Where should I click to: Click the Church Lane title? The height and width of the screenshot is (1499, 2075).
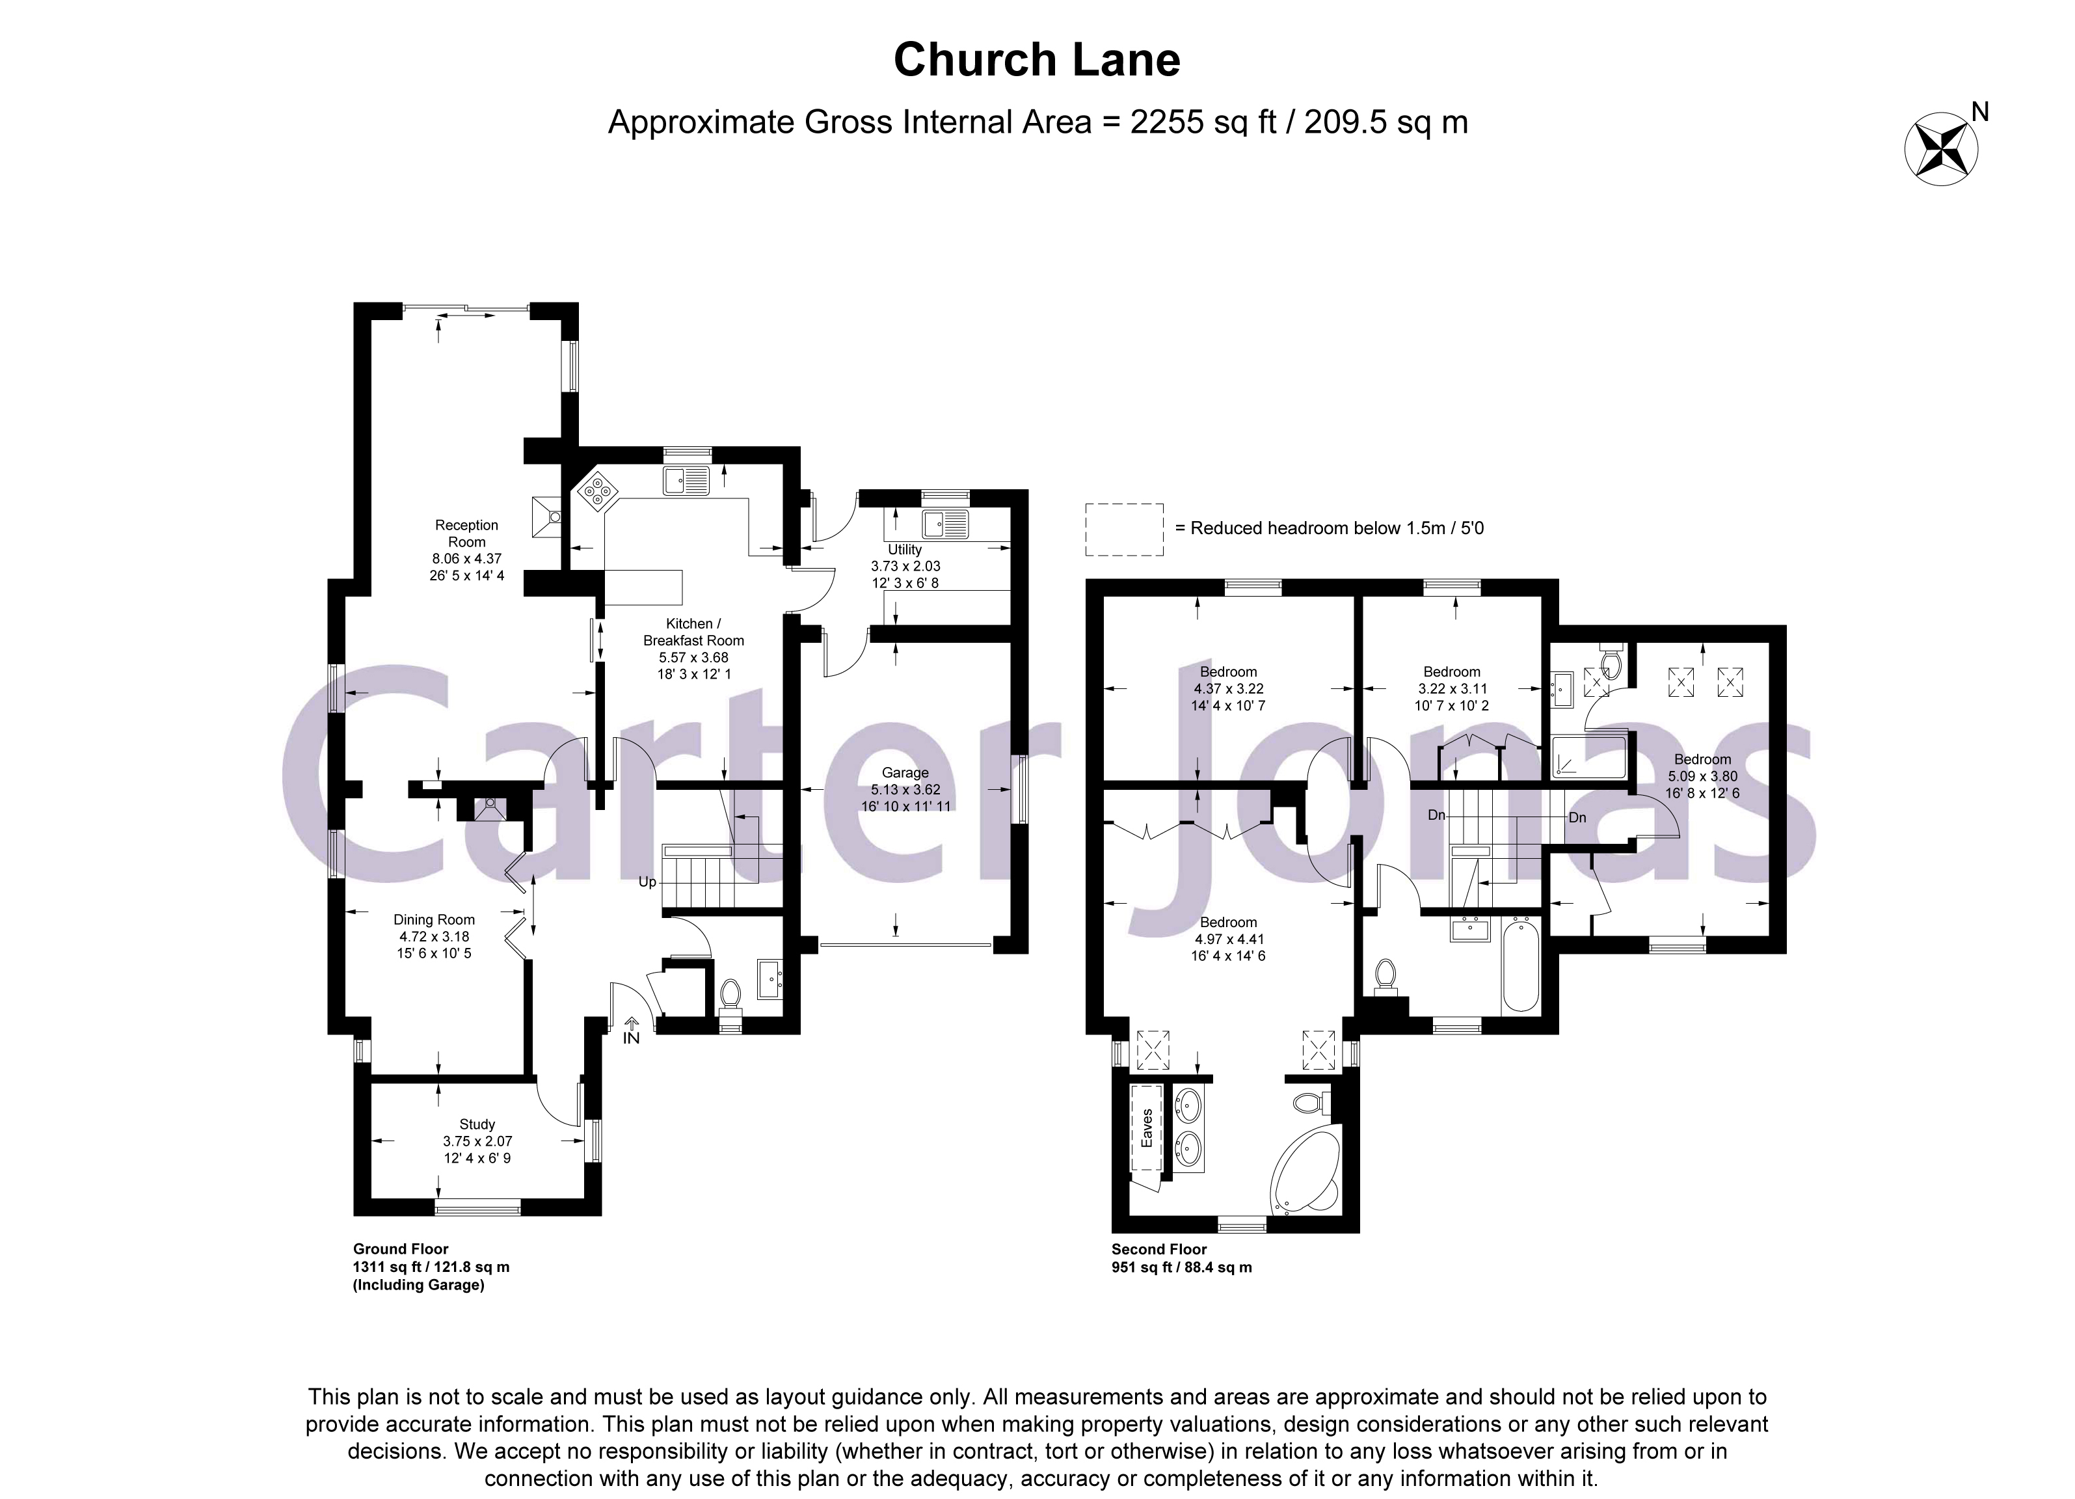tap(1037, 61)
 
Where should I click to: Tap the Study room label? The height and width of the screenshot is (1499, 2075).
tap(477, 1124)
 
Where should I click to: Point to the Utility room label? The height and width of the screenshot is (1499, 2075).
tap(904, 549)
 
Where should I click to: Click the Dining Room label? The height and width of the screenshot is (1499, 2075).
tap(434, 920)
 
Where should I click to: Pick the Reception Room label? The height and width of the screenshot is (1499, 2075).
tap(466, 533)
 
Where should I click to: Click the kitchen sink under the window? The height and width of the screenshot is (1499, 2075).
tap(687, 479)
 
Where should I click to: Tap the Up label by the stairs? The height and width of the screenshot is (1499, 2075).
tap(647, 882)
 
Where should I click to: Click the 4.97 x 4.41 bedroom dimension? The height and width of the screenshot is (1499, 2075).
tap(1228, 939)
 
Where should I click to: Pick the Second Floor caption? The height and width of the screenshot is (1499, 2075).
tap(1158, 1249)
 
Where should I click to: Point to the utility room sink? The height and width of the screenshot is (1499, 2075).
tap(945, 524)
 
